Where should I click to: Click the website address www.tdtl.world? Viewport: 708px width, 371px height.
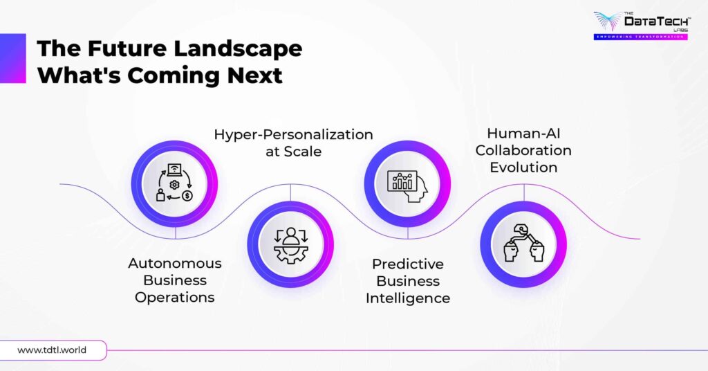coord(52,350)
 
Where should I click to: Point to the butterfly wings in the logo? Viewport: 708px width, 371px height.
coord(608,21)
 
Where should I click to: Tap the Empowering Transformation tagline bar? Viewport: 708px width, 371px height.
coord(640,36)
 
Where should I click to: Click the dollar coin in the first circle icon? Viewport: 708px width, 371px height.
coord(187,196)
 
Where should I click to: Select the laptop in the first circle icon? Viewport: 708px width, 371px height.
coord(174,172)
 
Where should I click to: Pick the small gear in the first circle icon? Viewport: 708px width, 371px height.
coord(174,185)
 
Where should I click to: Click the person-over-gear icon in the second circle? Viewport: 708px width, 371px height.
coord(290,244)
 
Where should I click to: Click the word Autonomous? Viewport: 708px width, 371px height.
coord(175,263)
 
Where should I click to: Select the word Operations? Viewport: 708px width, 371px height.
coord(175,298)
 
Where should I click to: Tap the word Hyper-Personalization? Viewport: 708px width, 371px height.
coord(293,134)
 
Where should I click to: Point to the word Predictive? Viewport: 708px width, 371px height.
coord(408,264)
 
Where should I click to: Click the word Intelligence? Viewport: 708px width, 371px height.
coord(408,298)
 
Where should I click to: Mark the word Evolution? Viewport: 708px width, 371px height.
coord(523,167)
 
